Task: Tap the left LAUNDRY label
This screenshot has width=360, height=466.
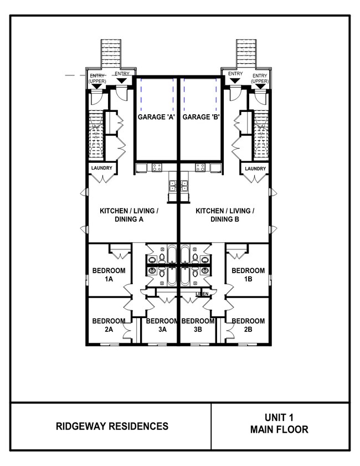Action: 102,168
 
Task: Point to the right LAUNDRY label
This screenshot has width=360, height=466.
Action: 255,168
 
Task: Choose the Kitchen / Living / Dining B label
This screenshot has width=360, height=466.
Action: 225,215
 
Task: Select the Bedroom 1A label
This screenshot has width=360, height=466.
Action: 109,274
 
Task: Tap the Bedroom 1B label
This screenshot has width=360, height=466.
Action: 248,274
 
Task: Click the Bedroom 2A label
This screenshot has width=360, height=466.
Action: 109,325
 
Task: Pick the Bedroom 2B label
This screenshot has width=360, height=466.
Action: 248,325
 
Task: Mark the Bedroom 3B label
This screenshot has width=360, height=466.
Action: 198,325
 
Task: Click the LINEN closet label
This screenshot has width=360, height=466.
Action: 202,294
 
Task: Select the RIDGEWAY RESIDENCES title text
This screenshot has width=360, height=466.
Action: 112,426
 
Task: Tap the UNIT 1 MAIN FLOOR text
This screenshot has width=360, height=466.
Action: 279,424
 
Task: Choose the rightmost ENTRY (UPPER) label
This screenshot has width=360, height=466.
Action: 260,78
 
